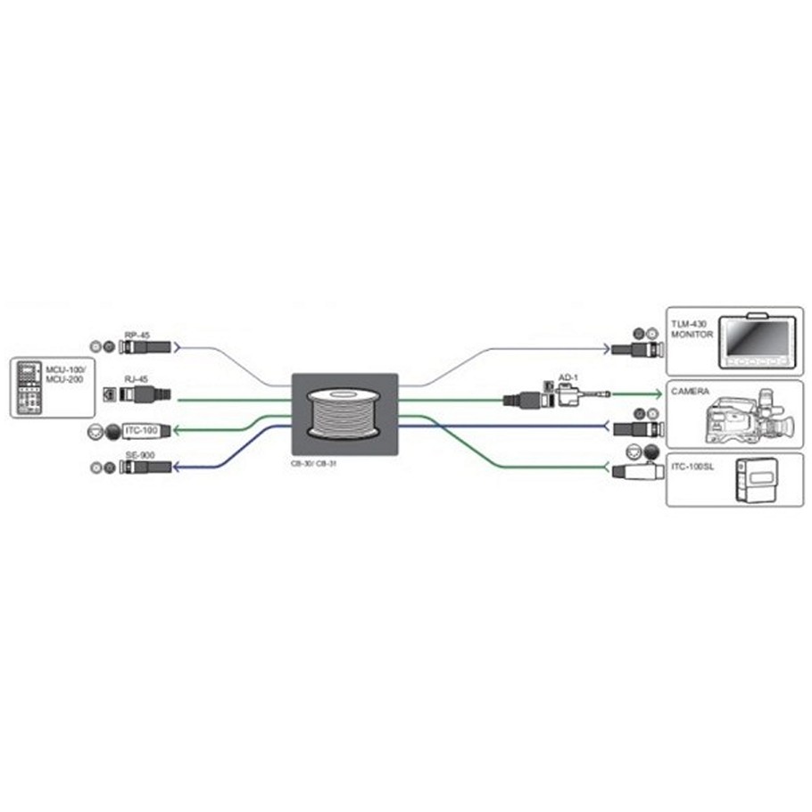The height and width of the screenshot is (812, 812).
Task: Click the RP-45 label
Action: point(137,335)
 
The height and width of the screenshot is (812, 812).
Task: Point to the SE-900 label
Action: point(137,456)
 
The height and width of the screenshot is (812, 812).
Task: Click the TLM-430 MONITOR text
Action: point(686,323)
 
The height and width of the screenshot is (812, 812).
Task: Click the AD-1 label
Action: point(568,378)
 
